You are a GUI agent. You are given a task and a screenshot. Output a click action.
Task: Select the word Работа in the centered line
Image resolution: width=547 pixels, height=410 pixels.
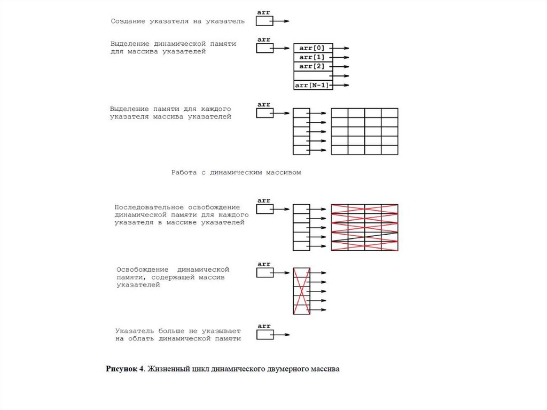point(184,173)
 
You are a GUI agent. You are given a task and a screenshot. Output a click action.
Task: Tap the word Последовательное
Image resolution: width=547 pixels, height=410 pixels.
point(149,207)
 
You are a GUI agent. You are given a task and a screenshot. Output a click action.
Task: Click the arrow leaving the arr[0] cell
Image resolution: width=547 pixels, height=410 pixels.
point(341,48)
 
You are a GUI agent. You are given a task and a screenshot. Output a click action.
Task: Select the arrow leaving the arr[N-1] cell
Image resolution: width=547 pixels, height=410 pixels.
point(341,85)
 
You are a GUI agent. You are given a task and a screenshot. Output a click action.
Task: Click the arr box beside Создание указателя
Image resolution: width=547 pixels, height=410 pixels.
point(264,21)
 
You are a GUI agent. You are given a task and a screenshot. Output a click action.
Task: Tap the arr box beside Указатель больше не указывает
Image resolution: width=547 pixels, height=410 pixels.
point(264,335)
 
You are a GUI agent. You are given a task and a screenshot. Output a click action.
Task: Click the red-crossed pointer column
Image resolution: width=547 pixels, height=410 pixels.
point(301,291)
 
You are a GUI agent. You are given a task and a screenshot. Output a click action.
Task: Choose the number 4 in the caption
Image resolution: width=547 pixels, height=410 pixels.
point(142,369)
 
